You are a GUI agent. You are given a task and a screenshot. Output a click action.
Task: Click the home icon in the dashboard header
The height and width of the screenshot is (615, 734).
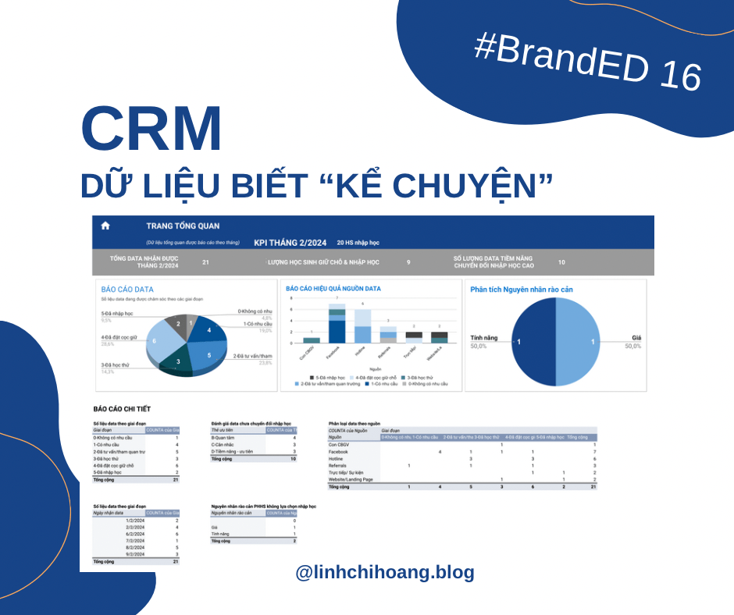tap(105, 226)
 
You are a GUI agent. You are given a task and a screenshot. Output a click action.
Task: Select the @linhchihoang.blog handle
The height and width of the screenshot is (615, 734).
tap(385, 572)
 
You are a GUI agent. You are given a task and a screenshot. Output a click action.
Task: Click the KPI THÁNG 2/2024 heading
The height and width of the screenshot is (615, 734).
tap(290, 242)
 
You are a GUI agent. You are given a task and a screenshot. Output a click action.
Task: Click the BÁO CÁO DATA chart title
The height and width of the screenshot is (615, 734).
tap(127, 290)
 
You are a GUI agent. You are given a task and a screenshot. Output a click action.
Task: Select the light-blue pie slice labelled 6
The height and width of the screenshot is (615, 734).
tap(155, 340)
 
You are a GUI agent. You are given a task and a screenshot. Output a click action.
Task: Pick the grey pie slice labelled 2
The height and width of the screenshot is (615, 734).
tap(178, 323)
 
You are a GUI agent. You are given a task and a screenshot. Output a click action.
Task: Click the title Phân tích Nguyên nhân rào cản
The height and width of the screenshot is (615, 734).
tap(521, 290)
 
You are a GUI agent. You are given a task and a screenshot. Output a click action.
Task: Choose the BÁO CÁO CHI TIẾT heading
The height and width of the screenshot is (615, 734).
tap(122, 408)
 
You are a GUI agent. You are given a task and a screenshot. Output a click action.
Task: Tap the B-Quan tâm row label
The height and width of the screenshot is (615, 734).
tap(224, 437)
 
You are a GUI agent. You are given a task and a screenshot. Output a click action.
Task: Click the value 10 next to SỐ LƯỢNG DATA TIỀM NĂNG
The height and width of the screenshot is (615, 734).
tap(561, 262)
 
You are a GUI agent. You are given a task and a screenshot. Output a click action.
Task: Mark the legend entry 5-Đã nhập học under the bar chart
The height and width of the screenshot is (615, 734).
tap(322, 377)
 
